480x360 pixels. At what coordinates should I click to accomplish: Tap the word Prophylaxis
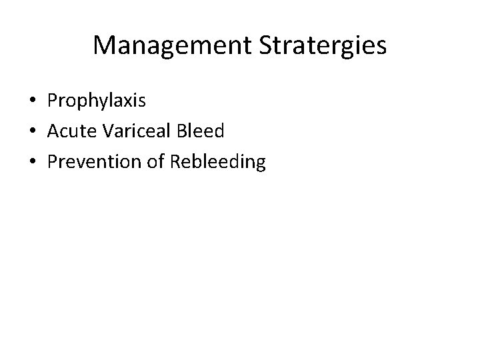[96, 101]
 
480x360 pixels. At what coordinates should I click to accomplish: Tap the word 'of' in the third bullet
[157, 161]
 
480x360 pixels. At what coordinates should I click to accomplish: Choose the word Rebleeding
[219, 161]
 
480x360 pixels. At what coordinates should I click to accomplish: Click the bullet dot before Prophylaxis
[33, 101]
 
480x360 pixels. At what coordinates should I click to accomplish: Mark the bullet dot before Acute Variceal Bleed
[33, 131]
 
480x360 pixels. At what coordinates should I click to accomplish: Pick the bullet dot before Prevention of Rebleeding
[33, 161]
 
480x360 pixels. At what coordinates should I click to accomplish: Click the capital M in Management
[103, 45]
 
